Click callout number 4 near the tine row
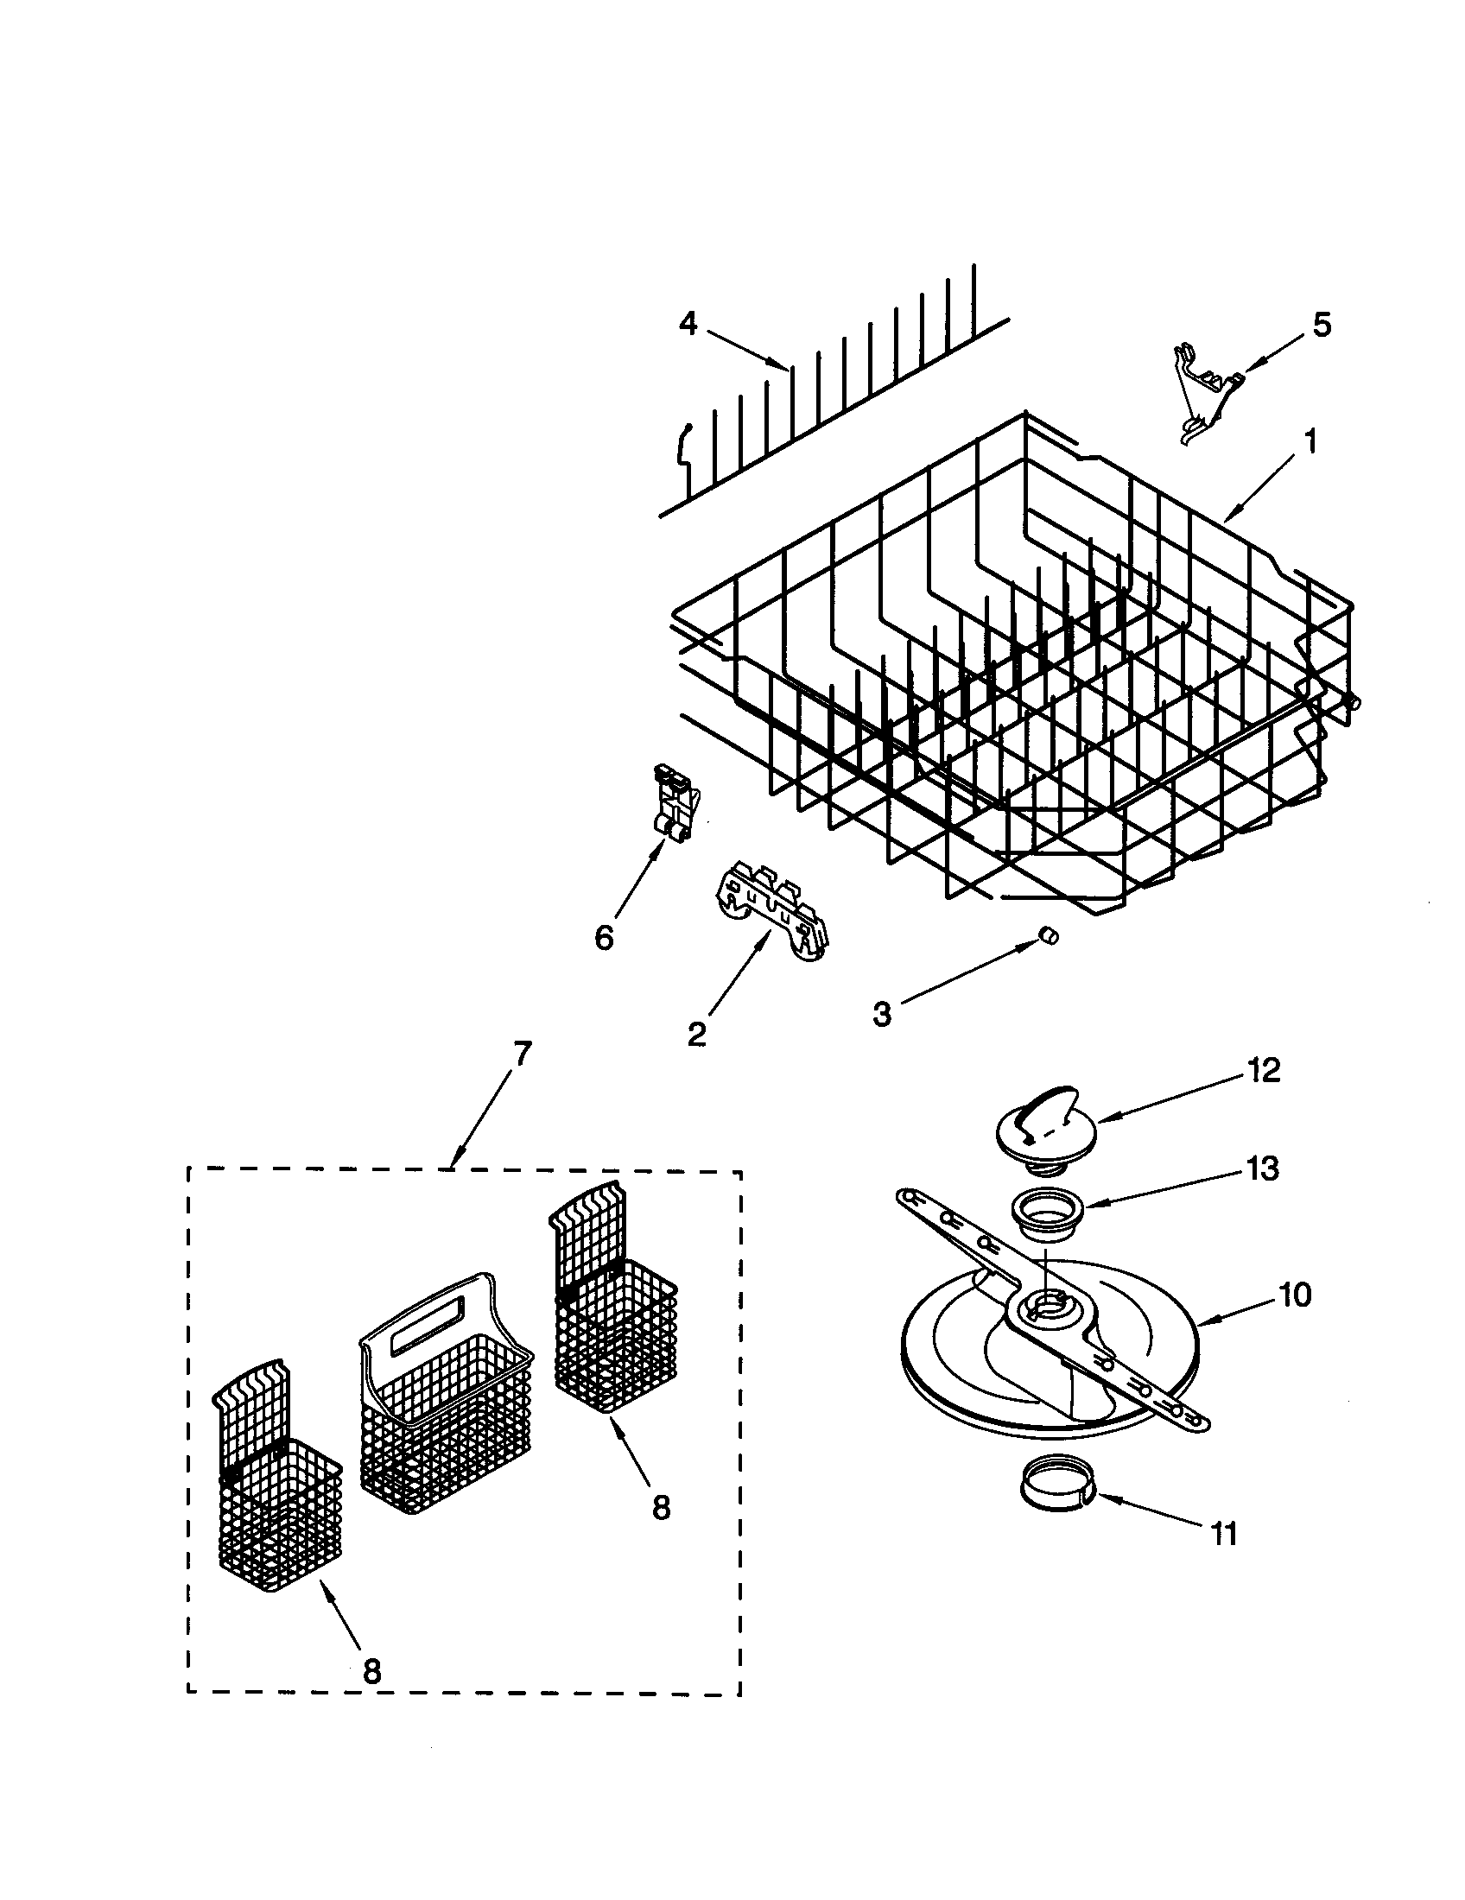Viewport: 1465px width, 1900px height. point(688,325)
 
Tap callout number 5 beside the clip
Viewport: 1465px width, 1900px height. point(1321,325)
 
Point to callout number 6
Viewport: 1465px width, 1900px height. point(604,938)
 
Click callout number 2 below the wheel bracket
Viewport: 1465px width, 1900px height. point(696,1035)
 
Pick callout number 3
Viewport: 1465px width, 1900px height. point(882,1014)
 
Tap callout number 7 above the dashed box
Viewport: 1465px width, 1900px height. point(519,1054)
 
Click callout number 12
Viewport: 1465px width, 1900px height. point(1264,1071)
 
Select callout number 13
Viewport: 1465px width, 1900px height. point(1262,1168)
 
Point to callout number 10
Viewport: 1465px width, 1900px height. point(1294,1295)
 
